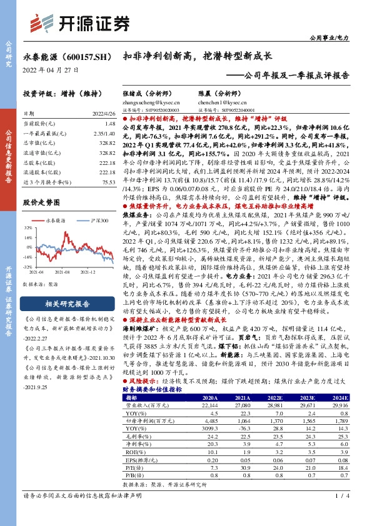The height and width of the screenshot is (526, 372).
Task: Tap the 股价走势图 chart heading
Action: click(x=40, y=204)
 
